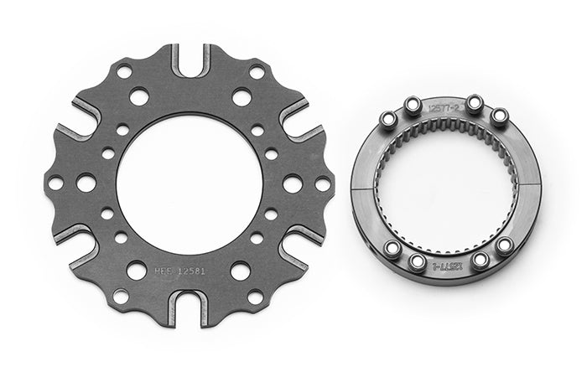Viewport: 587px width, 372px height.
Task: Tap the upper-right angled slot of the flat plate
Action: tap(295, 120)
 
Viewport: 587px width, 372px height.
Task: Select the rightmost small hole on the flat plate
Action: tap(323, 183)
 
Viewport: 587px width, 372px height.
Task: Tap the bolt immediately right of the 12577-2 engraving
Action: tap(474, 104)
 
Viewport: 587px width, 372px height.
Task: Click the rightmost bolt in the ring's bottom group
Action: tap(504, 245)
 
